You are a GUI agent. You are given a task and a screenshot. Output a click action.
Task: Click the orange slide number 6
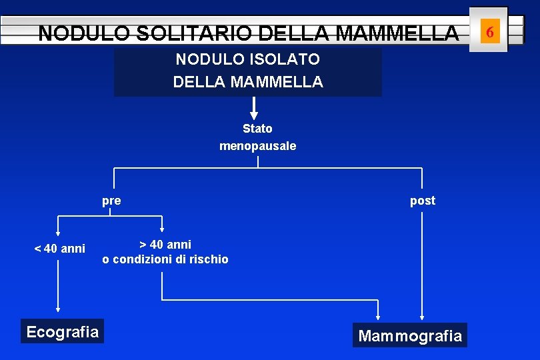(x=490, y=31)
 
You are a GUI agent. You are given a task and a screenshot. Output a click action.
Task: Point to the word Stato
(x=257, y=129)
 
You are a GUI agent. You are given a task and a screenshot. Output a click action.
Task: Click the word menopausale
(x=257, y=145)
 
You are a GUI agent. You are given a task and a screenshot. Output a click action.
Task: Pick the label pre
(x=111, y=201)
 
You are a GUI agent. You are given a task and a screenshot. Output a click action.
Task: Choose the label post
(x=422, y=201)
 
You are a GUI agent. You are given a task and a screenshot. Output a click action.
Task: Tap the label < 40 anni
(x=60, y=249)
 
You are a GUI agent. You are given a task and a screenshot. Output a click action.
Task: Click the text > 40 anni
(x=165, y=245)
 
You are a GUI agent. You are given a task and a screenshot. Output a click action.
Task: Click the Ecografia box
(x=62, y=331)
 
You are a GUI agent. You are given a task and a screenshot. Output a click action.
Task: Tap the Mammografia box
(x=410, y=335)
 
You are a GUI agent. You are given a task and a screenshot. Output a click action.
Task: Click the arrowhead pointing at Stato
(x=254, y=115)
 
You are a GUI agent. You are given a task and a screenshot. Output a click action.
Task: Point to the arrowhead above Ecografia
(x=58, y=309)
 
